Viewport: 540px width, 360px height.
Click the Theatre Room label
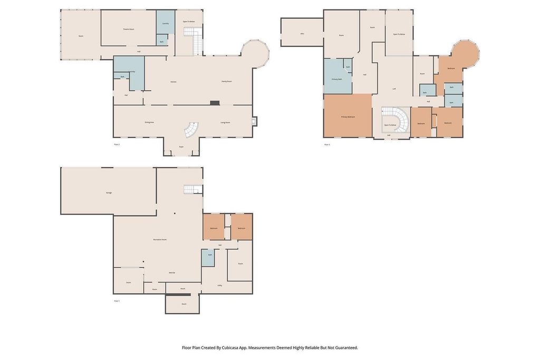pos(129,29)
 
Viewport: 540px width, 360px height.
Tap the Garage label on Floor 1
pos(109,192)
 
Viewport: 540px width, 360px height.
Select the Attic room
pos(302,33)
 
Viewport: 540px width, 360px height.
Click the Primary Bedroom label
pos(348,116)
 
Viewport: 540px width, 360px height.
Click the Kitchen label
pos(173,82)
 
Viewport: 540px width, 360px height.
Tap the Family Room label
pos(227,82)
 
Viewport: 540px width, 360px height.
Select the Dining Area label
pos(149,122)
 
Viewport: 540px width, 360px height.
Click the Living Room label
pos(225,122)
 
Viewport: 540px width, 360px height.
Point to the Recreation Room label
pos(160,239)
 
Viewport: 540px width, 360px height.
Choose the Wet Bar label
pos(172,273)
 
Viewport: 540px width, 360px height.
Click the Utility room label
pos(219,285)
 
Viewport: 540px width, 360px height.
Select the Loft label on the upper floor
pos(394,89)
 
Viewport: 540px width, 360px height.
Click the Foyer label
pos(181,147)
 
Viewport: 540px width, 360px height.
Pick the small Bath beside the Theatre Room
pos(161,41)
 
